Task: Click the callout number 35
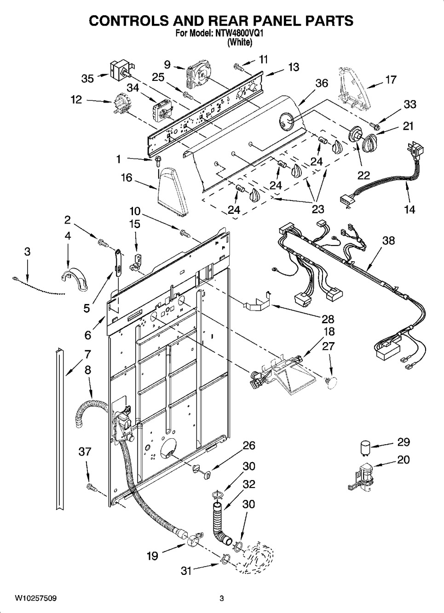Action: tap(87, 79)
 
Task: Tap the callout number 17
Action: tap(391, 80)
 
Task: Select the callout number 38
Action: tap(388, 241)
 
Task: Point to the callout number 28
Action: tap(328, 319)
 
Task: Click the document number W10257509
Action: tap(34, 598)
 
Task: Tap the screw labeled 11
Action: tap(238, 67)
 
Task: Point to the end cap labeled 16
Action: tap(173, 193)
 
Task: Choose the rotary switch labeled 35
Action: tap(121, 70)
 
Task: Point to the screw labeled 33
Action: tap(374, 126)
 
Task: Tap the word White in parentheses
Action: tap(240, 42)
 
